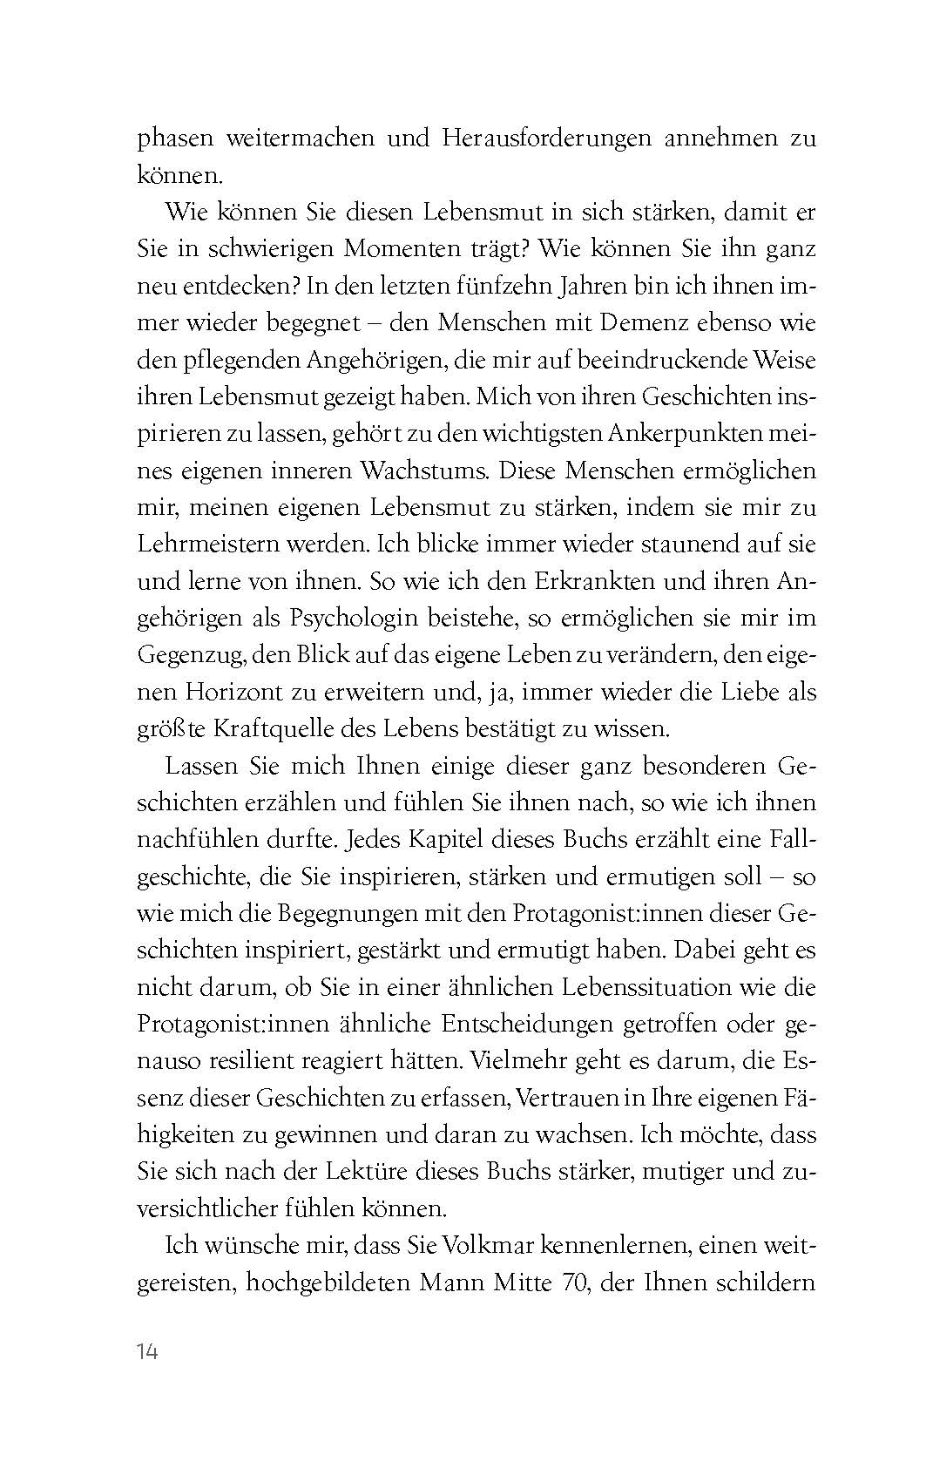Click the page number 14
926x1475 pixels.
(147, 1352)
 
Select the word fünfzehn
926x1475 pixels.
(551, 286)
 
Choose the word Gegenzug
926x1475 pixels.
(191, 655)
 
